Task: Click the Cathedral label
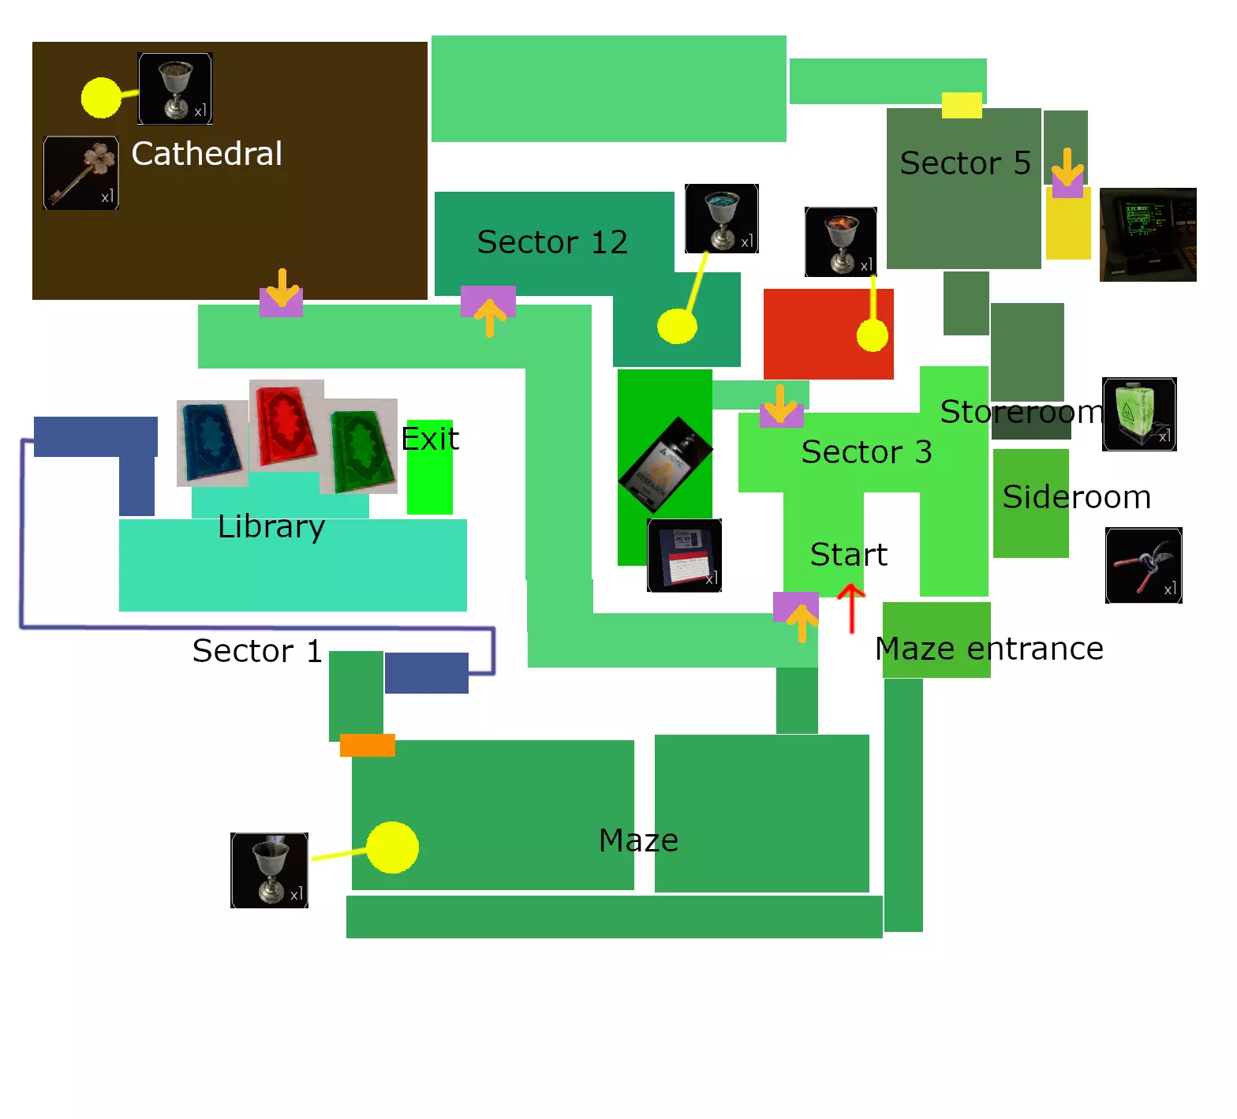pos(207,154)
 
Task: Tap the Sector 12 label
pos(552,242)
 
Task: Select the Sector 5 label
pos(965,163)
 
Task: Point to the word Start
pos(849,555)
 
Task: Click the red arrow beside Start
pos(851,608)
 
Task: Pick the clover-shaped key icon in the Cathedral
pos(81,173)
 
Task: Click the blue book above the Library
pos(212,443)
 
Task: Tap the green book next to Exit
pos(361,446)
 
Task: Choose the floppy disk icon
pos(685,556)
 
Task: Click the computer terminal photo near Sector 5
pos(1148,234)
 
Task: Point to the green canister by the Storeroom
pos(1139,414)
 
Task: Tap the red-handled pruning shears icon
pos(1144,566)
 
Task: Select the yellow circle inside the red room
pos(873,335)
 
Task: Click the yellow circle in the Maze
pos(392,848)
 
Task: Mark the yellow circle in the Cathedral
pos(101,98)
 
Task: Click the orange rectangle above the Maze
pos(368,745)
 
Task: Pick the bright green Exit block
pos(430,467)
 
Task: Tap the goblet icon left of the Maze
pos(269,870)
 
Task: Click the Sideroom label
pos(1077,497)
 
